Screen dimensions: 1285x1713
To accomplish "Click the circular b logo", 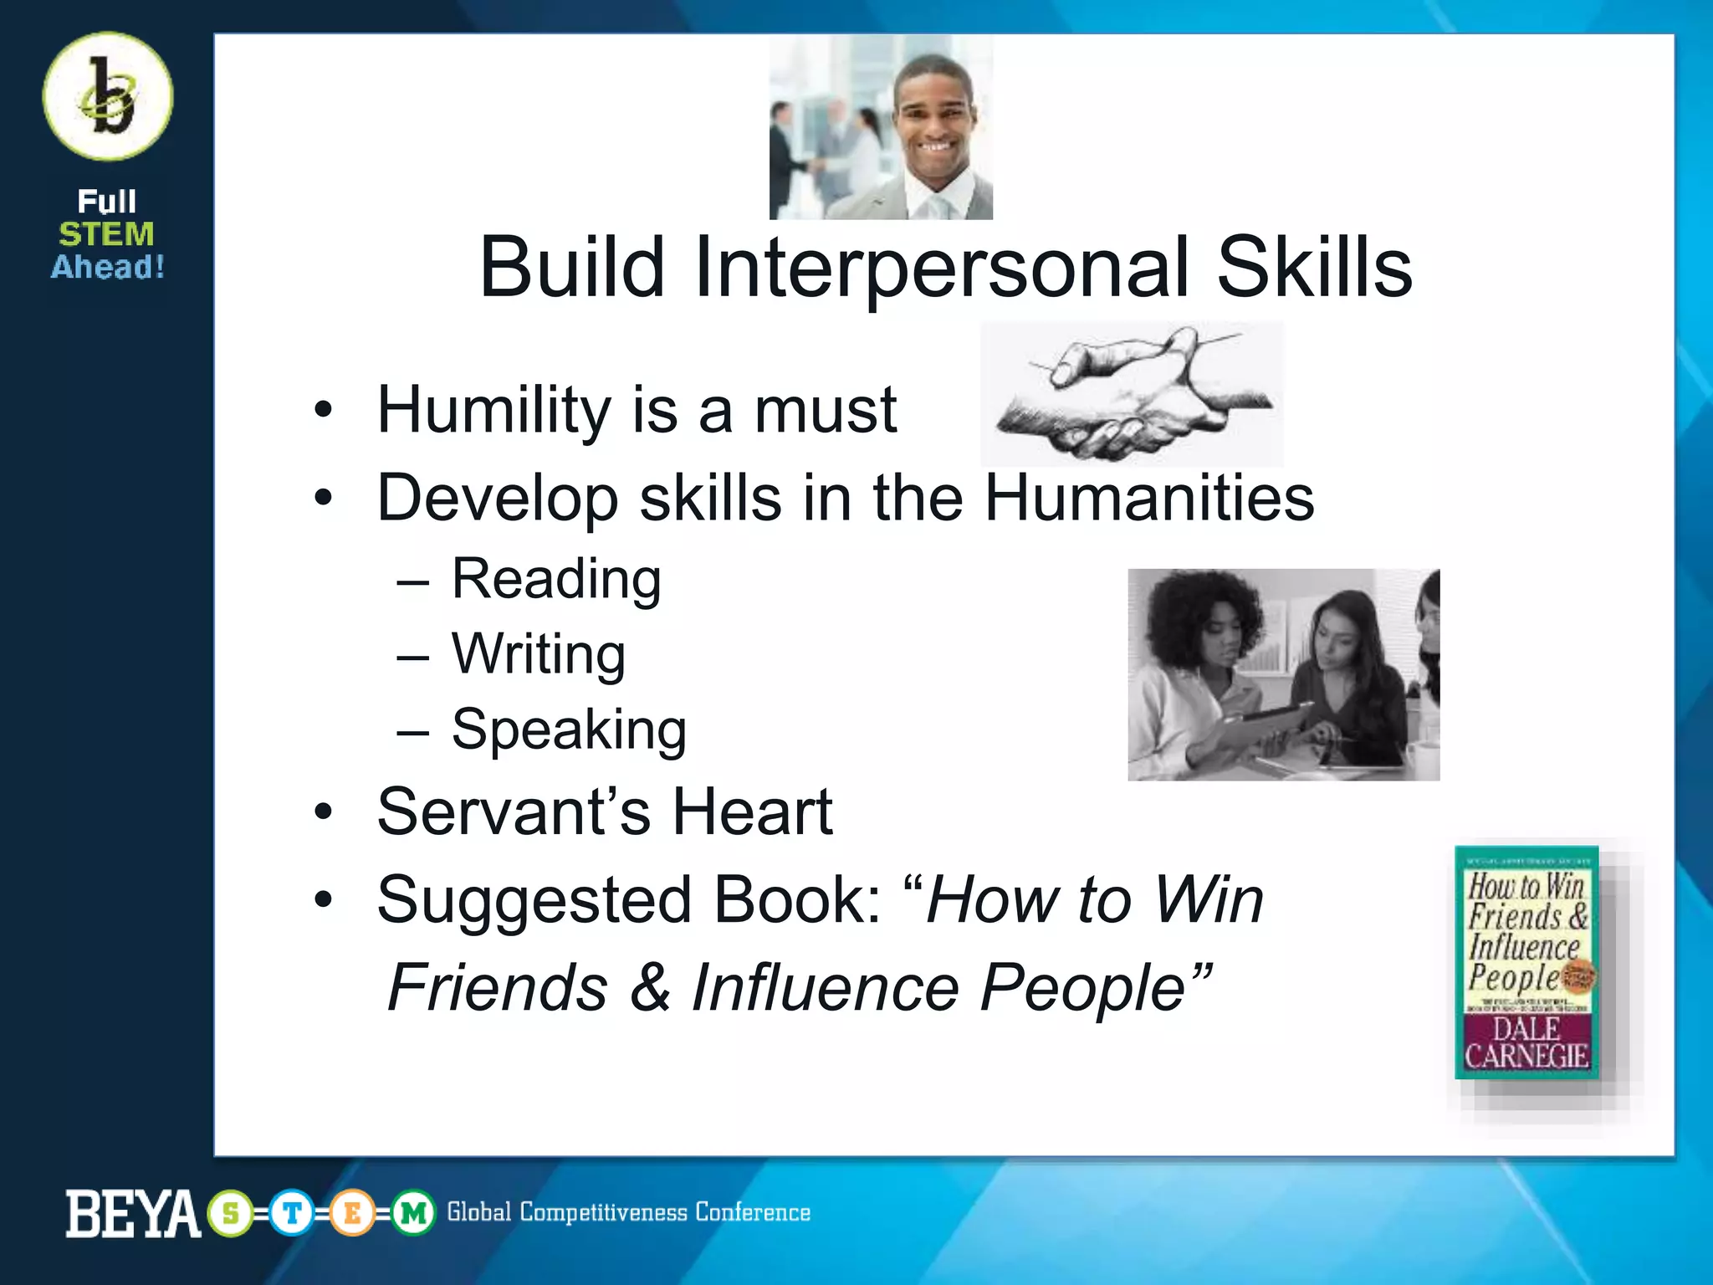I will point(108,96).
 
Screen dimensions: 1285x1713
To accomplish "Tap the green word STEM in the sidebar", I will point(106,234).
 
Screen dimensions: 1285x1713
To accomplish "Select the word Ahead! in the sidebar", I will point(107,268).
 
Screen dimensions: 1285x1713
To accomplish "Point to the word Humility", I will point(493,410).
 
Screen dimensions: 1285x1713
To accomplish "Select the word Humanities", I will point(1148,498).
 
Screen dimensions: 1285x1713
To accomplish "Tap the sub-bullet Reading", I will point(556,579).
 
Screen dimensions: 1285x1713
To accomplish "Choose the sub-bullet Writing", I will point(538,654).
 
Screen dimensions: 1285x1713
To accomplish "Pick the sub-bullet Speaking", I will point(569,730).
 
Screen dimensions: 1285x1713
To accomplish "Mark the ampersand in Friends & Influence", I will point(650,987).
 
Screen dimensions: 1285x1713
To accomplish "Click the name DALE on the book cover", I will point(1526,1029).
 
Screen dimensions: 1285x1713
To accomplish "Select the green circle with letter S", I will point(231,1213).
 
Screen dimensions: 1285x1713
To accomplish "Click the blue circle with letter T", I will point(292,1213).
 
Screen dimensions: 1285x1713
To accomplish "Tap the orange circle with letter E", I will point(352,1213).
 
